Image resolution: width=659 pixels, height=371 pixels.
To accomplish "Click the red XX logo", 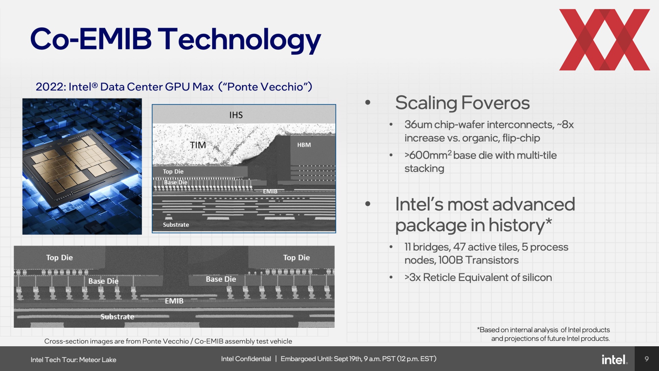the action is [604, 40].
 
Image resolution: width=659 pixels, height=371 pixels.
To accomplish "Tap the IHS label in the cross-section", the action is [236, 115].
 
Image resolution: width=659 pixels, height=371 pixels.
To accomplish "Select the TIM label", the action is [198, 145].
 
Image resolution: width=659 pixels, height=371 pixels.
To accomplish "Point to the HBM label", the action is [304, 145].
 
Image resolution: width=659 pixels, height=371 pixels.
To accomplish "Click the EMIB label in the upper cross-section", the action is [270, 191].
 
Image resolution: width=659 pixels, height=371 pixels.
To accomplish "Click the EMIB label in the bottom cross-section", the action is [174, 301].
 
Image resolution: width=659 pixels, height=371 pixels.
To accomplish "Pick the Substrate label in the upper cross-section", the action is [176, 225].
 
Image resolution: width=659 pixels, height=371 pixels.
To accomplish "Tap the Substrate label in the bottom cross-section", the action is [117, 317].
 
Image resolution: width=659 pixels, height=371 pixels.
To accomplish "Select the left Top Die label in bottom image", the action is [59, 258].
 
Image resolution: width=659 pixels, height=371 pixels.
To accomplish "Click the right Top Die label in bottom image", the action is [297, 258].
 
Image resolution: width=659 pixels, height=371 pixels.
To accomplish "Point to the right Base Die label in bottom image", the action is [221, 279].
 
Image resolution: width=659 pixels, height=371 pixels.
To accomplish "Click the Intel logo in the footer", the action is [615, 359].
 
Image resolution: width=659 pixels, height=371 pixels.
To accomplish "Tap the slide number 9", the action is [647, 359].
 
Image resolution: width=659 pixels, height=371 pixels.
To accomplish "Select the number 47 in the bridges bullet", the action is [459, 247].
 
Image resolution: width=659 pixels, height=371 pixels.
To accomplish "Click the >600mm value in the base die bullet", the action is [426, 155].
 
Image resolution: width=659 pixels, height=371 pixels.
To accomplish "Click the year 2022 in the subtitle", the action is [49, 87].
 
